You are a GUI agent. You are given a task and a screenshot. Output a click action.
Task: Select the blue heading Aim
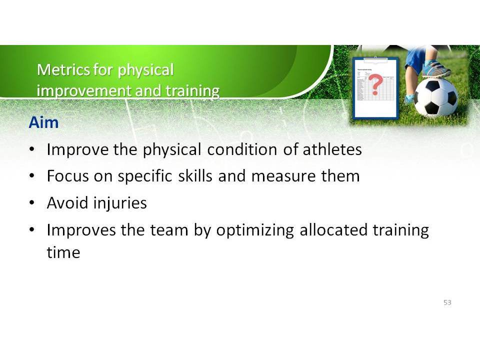pos(43,122)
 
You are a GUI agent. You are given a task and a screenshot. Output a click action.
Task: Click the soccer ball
pos(436,97)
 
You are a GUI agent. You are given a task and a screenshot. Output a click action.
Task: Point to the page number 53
pos(447,302)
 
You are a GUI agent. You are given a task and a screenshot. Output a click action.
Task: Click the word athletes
pos(332,149)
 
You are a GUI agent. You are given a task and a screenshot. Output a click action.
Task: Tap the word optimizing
pos(255,230)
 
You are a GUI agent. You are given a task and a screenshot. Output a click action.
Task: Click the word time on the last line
pos(63,252)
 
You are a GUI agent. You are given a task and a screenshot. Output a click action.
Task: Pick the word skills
pos(195,176)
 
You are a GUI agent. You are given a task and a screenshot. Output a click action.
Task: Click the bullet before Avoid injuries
pos(32,202)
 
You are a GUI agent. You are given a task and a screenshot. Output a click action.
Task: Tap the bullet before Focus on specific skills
pos(32,175)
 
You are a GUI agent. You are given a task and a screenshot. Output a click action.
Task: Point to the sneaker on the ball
pos(436,69)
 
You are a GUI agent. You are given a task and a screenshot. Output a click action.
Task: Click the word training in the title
pos(192,90)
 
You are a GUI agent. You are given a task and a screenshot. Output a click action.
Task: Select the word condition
pos(242,149)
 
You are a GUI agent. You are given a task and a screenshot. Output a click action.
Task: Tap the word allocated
pos(333,229)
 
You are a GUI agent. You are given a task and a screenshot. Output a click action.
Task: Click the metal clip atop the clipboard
pos(375,59)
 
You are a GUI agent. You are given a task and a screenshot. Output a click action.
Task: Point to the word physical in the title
pos(145,70)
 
